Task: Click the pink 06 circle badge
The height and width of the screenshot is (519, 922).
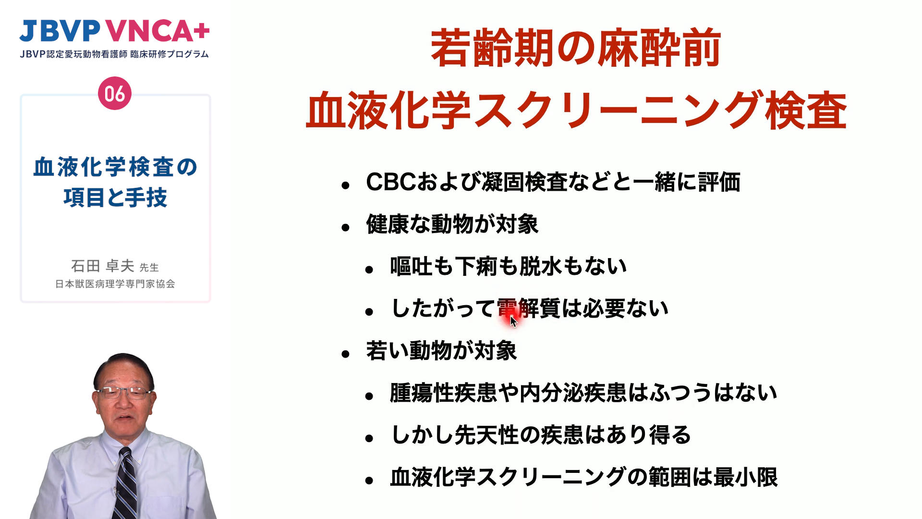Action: [115, 93]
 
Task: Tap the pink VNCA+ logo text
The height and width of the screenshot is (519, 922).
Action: [158, 31]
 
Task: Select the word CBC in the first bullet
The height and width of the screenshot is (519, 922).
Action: [390, 182]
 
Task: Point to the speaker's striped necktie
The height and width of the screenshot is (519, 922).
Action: [125, 483]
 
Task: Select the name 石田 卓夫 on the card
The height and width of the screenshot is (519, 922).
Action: [102, 266]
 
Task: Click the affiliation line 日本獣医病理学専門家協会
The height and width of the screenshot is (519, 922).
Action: [115, 284]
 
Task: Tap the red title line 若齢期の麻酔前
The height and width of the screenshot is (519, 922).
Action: [576, 49]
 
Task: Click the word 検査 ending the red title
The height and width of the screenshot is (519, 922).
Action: [805, 111]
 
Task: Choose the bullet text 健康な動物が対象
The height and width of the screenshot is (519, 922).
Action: [452, 224]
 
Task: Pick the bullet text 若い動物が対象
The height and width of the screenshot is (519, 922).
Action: [441, 351]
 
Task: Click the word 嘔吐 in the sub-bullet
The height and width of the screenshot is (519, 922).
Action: [412, 266]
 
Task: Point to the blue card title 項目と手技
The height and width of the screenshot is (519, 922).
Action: [115, 198]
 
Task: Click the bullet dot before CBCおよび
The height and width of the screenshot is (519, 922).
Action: [345, 185]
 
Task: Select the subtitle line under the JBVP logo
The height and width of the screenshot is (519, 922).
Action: [114, 54]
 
